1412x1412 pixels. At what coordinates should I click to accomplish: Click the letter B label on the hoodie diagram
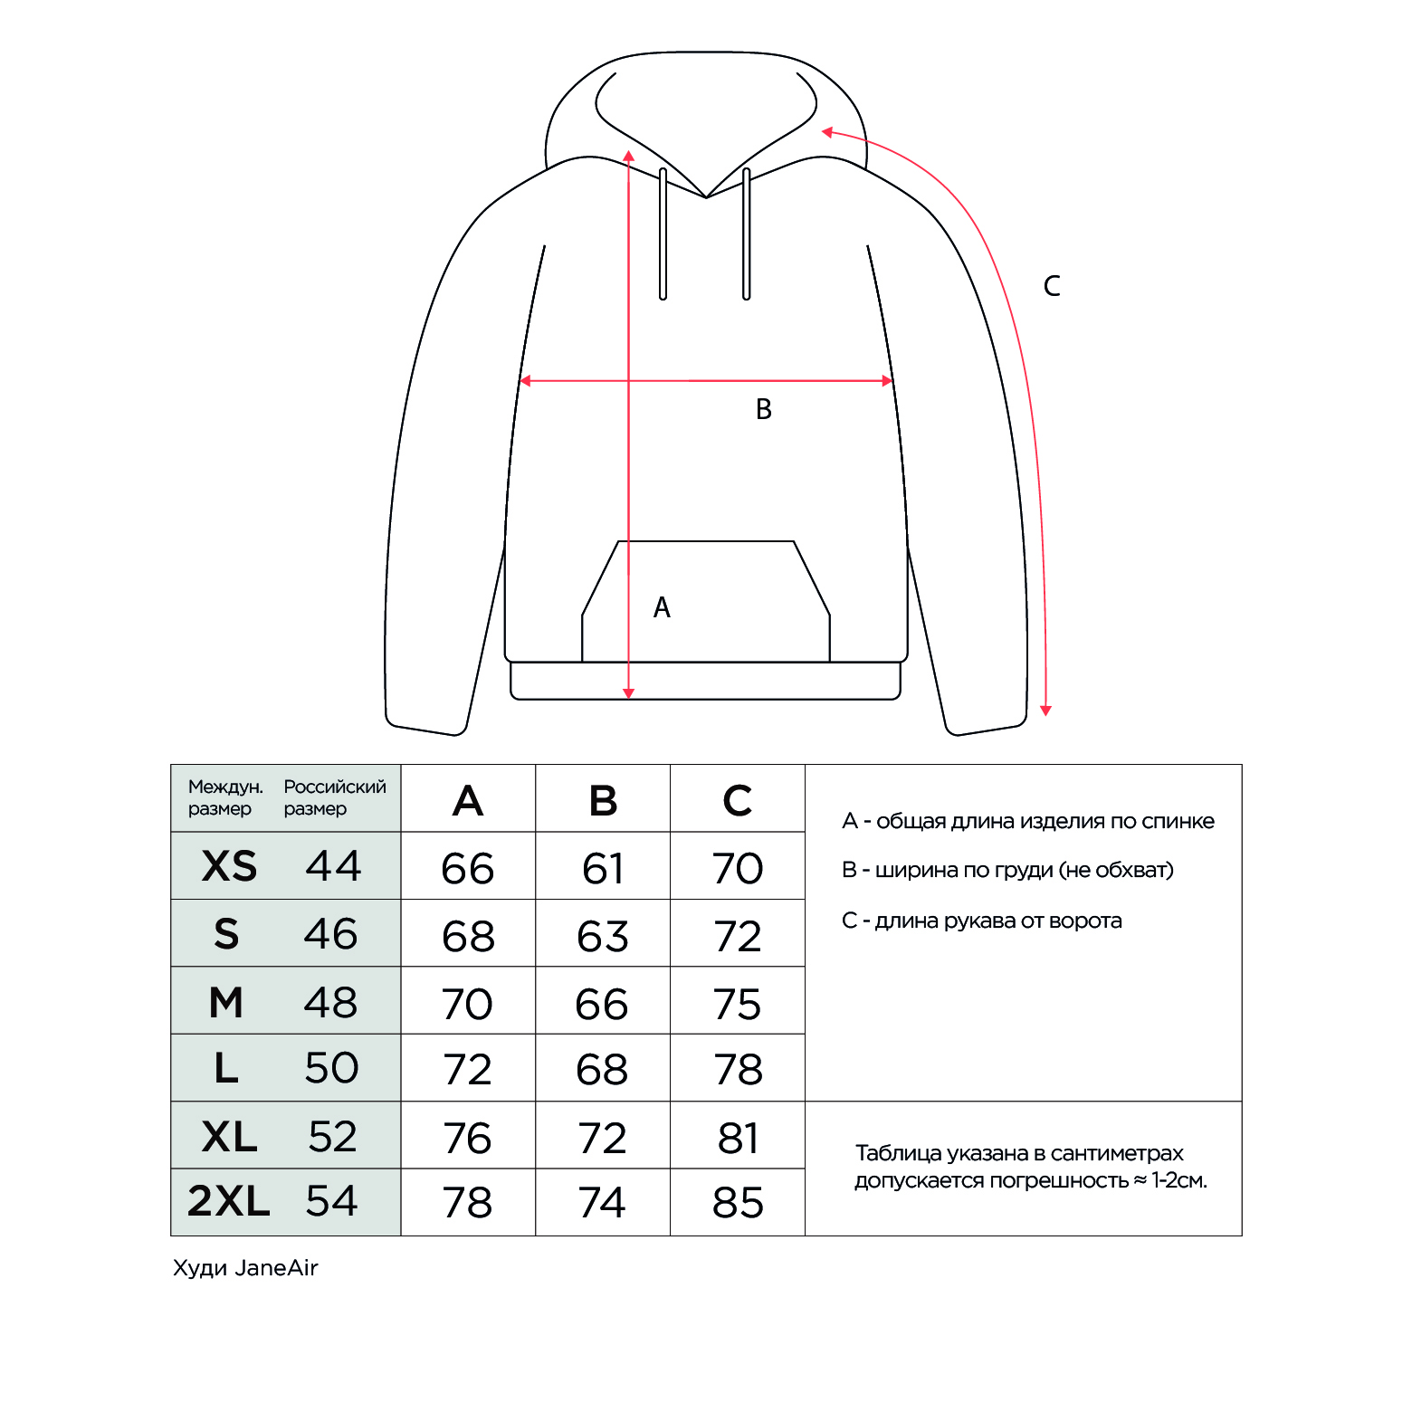[764, 410]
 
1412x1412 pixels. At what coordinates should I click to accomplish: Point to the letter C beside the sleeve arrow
[1052, 287]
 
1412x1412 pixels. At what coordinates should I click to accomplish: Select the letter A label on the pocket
[662, 608]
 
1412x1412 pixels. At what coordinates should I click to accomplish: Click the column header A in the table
[468, 800]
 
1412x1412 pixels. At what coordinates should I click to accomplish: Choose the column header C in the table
[738, 800]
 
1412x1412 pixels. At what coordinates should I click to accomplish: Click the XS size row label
[229, 866]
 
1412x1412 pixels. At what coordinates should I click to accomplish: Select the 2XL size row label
[229, 1201]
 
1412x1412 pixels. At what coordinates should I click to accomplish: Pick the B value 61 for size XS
[603, 869]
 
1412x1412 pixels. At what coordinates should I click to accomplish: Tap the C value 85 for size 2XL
[738, 1203]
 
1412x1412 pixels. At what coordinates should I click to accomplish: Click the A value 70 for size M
[468, 1004]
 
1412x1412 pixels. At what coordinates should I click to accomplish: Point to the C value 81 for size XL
[738, 1138]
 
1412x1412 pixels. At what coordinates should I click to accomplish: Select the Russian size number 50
[331, 1068]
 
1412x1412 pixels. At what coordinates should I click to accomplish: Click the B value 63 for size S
[603, 936]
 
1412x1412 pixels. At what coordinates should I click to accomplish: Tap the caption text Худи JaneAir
[245, 1267]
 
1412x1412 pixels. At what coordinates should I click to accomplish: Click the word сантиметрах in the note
[1117, 1153]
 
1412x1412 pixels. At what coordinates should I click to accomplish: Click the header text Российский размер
[334, 797]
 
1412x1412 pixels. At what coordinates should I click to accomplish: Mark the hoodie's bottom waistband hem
[706, 681]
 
